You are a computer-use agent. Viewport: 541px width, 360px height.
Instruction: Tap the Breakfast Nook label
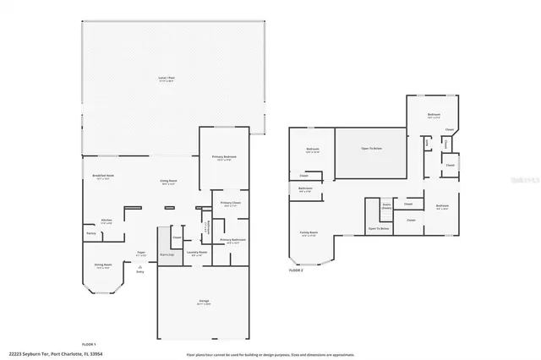tap(103, 177)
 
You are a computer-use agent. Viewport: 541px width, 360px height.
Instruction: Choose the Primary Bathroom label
tap(233, 241)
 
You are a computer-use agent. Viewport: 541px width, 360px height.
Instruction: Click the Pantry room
tap(90, 233)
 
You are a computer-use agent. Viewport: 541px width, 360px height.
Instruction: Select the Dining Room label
tap(103, 266)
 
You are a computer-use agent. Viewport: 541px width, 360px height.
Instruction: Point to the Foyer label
tap(142, 252)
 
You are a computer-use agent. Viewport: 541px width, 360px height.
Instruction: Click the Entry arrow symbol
tap(140, 265)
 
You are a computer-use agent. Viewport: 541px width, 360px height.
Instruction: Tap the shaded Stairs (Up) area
tap(167, 253)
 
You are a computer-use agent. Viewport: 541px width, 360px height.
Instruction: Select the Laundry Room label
tap(198, 253)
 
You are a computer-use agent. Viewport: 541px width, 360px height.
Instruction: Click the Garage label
tap(205, 301)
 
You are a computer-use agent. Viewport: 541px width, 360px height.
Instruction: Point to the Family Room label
tap(309, 232)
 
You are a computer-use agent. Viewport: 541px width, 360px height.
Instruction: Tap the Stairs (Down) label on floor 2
tap(386, 205)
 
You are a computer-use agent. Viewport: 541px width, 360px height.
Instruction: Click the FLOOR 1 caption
tap(88, 344)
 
